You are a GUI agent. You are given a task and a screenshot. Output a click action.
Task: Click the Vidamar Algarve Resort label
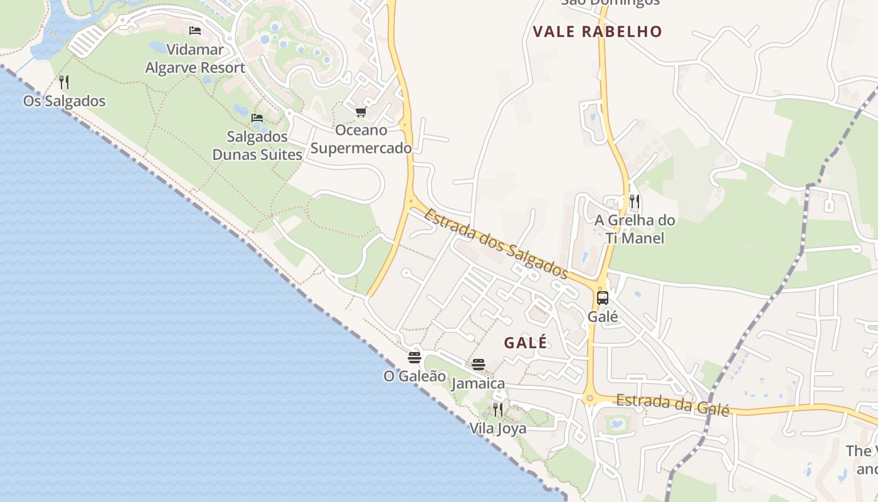click(195, 58)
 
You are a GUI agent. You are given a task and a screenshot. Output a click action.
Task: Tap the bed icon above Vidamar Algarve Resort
click(195, 31)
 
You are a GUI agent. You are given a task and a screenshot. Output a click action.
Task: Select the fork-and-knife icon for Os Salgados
click(63, 82)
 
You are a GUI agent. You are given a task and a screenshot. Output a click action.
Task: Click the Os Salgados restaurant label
click(65, 101)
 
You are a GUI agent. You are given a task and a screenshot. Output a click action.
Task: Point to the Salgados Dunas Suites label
click(257, 146)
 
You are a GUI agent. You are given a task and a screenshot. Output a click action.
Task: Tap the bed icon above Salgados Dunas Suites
click(257, 117)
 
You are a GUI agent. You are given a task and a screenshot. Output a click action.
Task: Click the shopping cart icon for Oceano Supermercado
click(361, 112)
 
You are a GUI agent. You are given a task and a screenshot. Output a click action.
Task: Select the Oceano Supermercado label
click(361, 139)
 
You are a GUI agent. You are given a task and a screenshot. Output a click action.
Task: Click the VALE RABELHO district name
click(597, 32)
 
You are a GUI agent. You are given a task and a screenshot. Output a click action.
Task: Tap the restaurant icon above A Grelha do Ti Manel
click(635, 201)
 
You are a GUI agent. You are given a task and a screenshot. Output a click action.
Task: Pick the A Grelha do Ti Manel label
click(635, 229)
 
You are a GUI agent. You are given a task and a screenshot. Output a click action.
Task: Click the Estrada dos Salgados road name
click(495, 243)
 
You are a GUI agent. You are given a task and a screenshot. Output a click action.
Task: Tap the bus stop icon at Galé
click(603, 298)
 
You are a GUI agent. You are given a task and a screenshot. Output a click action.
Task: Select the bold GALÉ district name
click(526, 343)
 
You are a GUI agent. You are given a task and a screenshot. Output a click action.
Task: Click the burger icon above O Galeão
click(415, 358)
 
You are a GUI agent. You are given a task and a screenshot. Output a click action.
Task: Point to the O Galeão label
click(415, 376)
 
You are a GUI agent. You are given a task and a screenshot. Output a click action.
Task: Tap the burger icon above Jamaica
click(479, 365)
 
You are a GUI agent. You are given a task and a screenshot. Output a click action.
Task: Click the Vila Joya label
click(498, 429)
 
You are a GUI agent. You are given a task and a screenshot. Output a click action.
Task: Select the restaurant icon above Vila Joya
click(498, 410)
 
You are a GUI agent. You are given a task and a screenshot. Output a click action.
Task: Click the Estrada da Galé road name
click(672, 405)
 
